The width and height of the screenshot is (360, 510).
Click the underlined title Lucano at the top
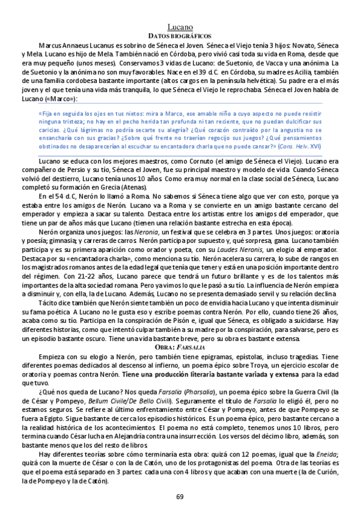click(x=180, y=28)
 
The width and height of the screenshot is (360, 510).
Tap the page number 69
click(x=180, y=496)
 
